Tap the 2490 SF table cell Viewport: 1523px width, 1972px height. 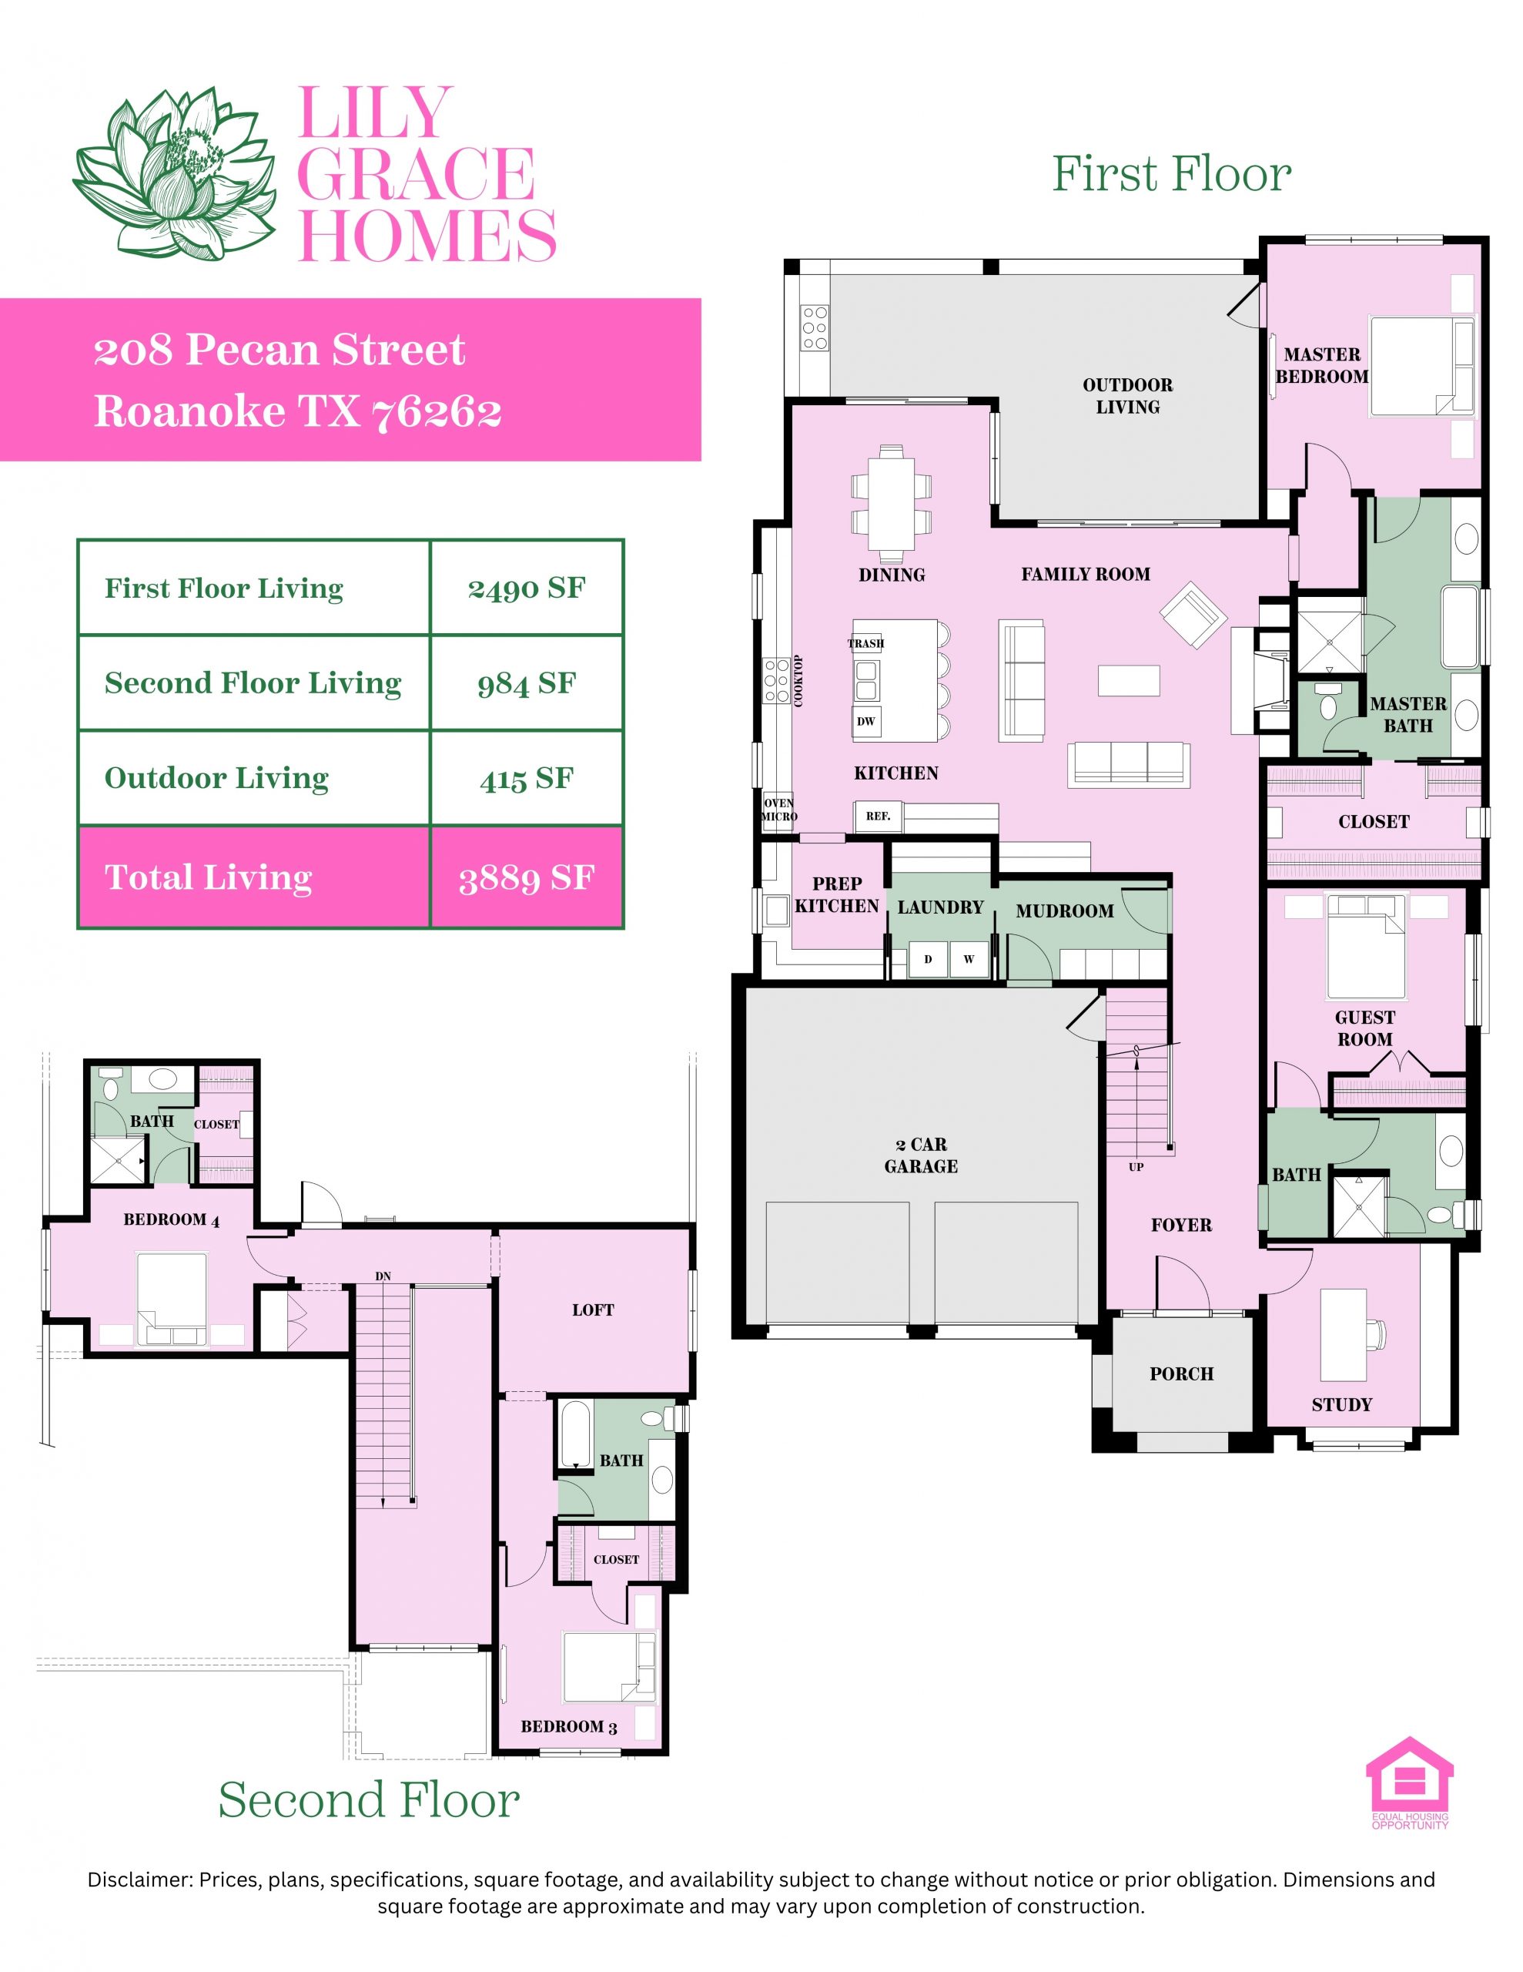click(x=527, y=589)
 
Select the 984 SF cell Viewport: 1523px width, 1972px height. click(x=527, y=683)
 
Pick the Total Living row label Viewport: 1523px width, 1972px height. click(x=209, y=877)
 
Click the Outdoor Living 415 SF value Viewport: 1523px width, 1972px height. click(x=527, y=778)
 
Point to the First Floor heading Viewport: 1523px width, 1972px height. click(x=1171, y=173)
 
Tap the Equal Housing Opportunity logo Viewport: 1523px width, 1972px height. click(x=1409, y=1783)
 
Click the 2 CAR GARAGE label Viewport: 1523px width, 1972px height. click(x=921, y=1155)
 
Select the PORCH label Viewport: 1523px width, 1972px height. click(x=1182, y=1373)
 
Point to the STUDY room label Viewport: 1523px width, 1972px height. click(x=1341, y=1404)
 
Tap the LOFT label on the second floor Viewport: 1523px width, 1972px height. click(x=593, y=1310)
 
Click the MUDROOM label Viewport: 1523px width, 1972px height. click(x=1064, y=911)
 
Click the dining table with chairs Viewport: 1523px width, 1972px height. click(x=891, y=498)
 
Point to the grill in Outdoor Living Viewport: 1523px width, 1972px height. click(x=815, y=327)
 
